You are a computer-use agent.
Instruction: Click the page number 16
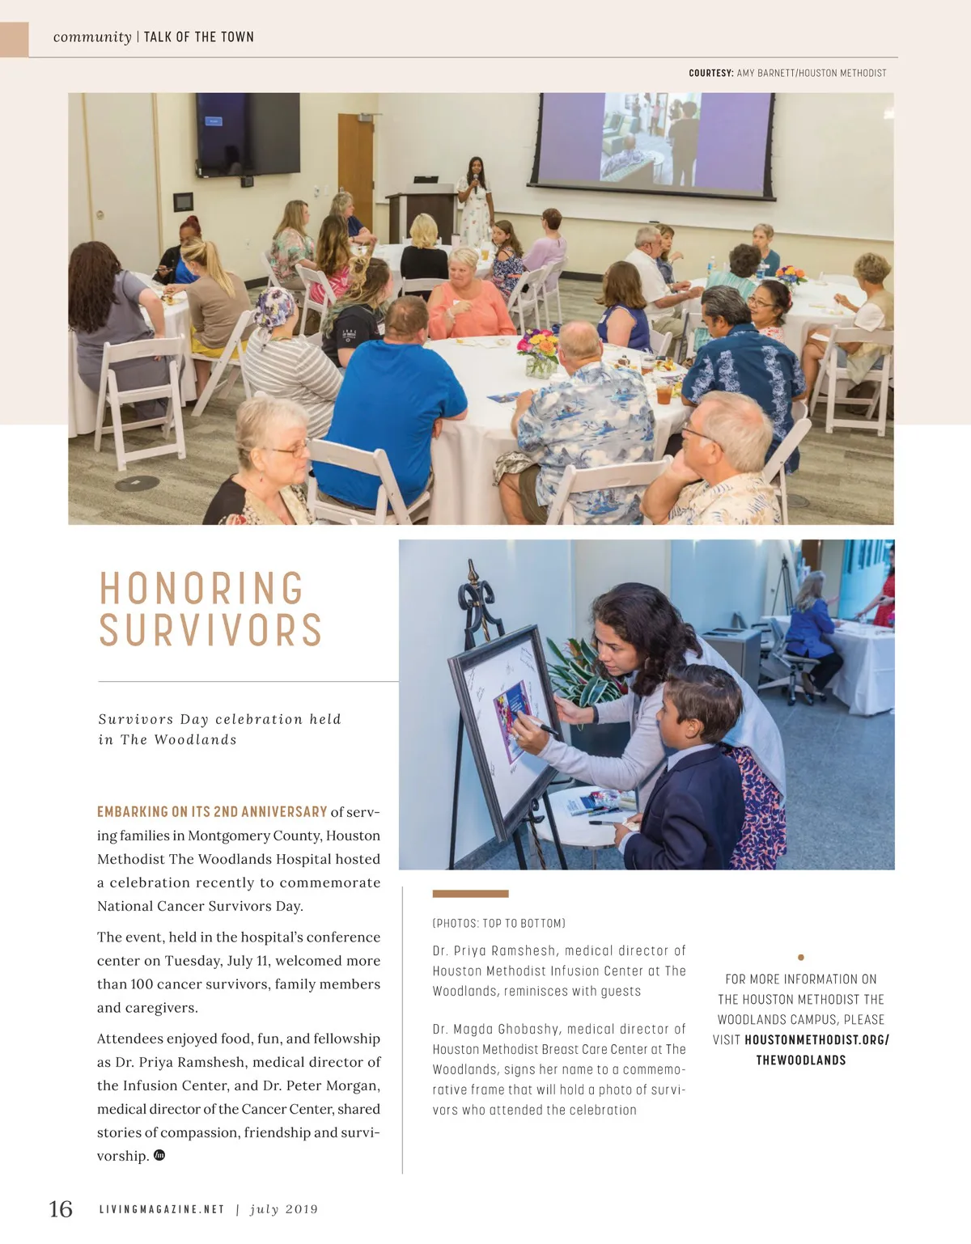point(61,1209)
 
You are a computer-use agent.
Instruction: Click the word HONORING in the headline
point(201,589)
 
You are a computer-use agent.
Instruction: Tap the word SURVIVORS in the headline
point(210,631)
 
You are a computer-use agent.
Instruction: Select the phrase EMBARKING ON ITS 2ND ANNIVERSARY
point(212,811)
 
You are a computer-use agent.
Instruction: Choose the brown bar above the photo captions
point(470,894)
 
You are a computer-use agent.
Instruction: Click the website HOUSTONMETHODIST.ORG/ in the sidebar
point(816,1039)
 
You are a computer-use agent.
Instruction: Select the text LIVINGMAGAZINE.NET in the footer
point(162,1209)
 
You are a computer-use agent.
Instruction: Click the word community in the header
point(92,37)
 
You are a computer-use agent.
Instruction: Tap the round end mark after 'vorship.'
point(159,1155)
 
